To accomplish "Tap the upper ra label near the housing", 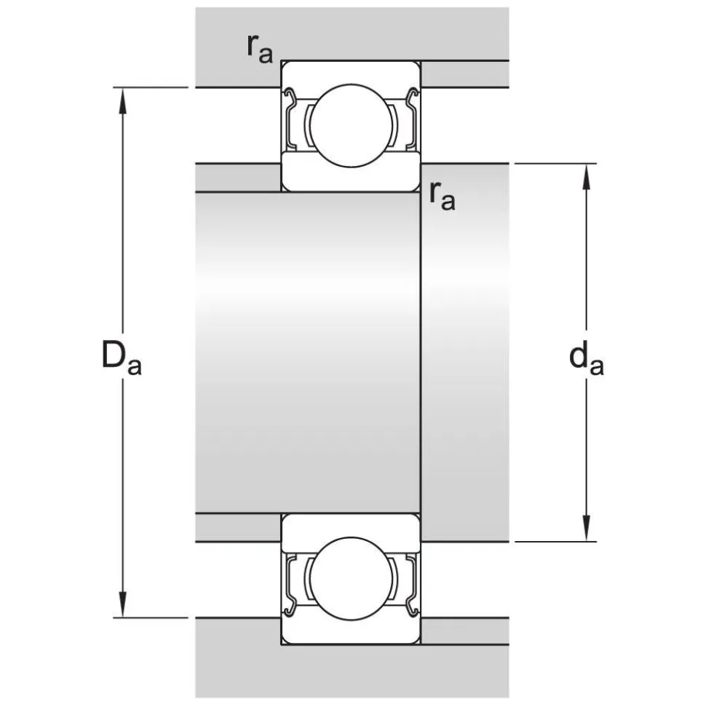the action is tap(260, 49).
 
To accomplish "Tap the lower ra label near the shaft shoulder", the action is tap(443, 196).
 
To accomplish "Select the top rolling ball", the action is tap(352, 126).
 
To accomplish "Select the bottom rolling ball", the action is tap(352, 579).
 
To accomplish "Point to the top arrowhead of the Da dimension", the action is tap(122, 100).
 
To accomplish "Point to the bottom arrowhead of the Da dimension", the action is tap(122, 604).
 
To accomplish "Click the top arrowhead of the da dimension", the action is tap(587, 176).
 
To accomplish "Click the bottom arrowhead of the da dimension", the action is tap(587, 529).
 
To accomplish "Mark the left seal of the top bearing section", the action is tap(291, 118).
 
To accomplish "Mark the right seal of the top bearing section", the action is tap(412, 118).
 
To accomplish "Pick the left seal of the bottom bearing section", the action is tap(291, 585).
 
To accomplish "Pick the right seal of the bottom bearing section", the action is tap(412, 585).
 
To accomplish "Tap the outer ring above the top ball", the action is tap(352, 72).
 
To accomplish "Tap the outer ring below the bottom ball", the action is tap(352, 632).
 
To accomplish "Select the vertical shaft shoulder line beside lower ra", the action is tap(421, 352).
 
